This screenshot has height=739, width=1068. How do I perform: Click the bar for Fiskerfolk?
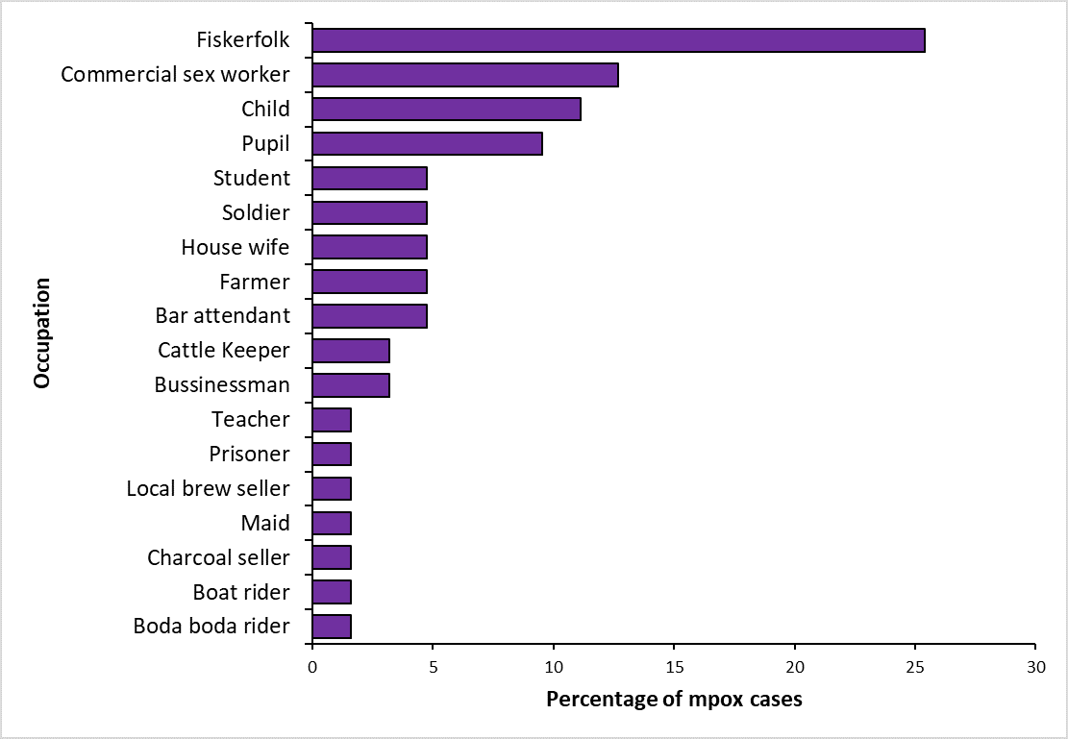pos(618,40)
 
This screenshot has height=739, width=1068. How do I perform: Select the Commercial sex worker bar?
pos(465,75)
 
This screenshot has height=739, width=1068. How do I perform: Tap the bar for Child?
pos(446,110)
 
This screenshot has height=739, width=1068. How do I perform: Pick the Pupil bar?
pos(427,144)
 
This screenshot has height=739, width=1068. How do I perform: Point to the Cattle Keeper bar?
pos(351,351)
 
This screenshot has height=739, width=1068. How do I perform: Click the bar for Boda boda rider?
pos(332,627)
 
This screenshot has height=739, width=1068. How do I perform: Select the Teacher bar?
pos(332,420)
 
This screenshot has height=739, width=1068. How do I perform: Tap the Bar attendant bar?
pos(369,316)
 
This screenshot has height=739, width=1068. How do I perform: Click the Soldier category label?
pos(256,212)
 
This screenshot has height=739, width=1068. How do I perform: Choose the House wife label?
pos(236,247)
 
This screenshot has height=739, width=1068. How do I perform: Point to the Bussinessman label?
pos(222,385)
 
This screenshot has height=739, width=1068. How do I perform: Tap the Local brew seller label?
pos(208,489)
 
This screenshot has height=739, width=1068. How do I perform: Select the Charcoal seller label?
pos(218,558)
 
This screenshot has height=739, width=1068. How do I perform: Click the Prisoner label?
pos(249,455)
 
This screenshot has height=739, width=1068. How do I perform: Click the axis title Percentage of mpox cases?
pos(674,699)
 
